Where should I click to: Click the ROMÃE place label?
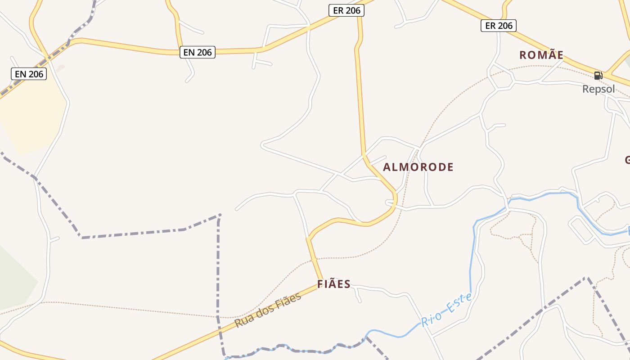point(541,55)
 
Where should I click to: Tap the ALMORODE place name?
point(418,167)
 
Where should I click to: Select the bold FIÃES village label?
point(334,284)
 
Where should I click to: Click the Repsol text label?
point(598,89)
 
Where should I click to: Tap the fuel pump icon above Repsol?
point(598,76)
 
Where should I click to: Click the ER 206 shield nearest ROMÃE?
point(499,26)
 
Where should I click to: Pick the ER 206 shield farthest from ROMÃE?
point(346,10)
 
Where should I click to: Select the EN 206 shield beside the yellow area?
point(29,74)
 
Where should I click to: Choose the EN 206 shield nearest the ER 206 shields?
point(198,52)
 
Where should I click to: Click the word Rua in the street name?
point(243,321)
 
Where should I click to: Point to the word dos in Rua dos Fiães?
point(265,310)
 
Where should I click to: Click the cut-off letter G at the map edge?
point(627,160)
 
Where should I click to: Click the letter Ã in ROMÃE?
point(546,54)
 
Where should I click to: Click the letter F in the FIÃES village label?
point(320,284)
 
